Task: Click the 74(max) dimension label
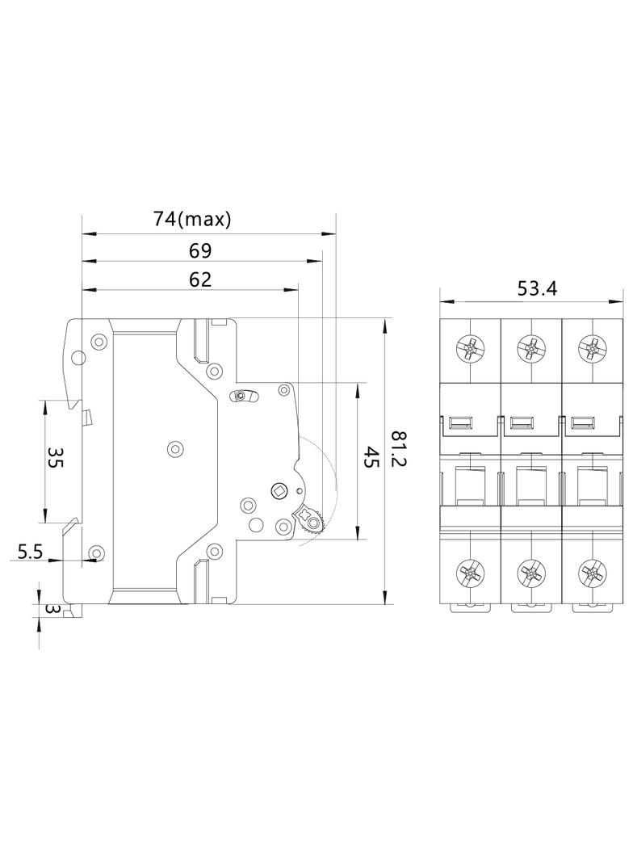[x=192, y=218]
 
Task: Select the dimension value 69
[x=199, y=250]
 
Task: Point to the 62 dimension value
[x=199, y=279]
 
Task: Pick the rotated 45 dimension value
[x=371, y=459]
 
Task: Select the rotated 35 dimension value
[x=55, y=459]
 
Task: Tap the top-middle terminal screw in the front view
[x=530, y=349]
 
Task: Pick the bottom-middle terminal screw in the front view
[x=530, y=574]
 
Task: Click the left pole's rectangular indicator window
[x=459, y=422]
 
